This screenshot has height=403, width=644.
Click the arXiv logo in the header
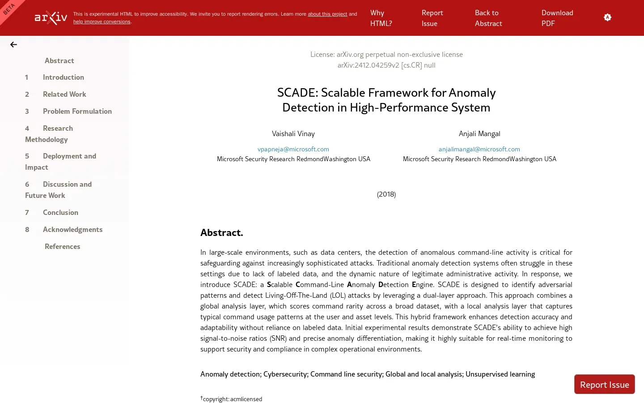pos(51,17)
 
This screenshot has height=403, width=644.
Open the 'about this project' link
pos(327,14)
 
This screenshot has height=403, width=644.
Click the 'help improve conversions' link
pos(102,21)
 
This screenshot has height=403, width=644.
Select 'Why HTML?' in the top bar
pos(381,18)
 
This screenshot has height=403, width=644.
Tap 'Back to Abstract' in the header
pos(488,18)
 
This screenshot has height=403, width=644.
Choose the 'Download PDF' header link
pos(557,18)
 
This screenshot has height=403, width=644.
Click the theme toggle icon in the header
pos(607,17)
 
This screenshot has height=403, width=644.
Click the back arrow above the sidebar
pos(13,44)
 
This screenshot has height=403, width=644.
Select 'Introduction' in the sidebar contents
pos(63,77)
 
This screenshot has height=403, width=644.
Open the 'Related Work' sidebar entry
pos(64,94)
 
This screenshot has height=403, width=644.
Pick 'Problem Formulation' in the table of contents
pos(77,111)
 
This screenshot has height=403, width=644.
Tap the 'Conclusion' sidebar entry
pos(60,212)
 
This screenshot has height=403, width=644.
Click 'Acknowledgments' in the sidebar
pos(72,229)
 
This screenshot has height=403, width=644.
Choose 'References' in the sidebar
pos(62,246)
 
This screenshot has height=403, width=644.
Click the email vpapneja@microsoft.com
pos(293,149)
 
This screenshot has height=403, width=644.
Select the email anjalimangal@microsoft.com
pos(479,149)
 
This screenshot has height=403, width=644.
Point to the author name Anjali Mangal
pos(479,133)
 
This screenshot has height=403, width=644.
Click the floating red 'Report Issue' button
pos(604,384)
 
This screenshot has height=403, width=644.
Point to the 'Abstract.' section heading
pos(221,232)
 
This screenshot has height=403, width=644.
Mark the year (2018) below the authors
pos(386,194)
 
